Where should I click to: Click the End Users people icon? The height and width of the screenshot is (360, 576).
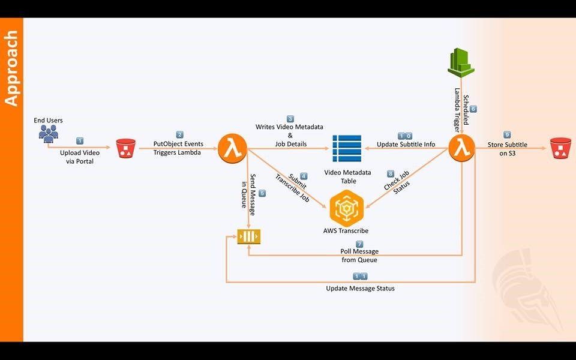(49, 133)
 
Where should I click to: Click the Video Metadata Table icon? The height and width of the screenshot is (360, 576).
(347, 148)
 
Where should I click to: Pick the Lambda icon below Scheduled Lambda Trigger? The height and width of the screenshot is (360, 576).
(461, 148)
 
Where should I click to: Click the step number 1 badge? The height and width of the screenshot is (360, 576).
(80, 140)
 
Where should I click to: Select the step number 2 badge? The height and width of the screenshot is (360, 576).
(179, 134)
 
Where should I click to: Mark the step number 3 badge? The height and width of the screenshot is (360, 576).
(290, 119)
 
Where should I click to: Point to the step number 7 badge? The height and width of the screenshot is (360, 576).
(359, 244)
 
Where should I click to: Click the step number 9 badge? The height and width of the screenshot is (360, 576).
(507, 135)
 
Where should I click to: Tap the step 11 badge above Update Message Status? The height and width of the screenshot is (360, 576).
(360, 277)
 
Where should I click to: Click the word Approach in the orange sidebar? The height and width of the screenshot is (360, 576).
(11, 69)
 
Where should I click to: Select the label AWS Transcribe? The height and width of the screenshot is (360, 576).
(345, 231)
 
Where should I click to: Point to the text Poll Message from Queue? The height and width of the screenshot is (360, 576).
(360, 256)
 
